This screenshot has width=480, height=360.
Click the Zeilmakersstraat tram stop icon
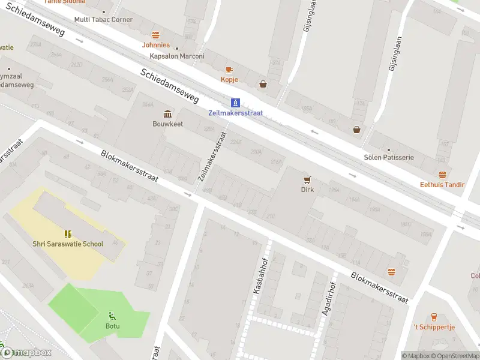[236, 103]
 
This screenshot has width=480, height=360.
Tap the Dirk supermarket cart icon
[307, 179]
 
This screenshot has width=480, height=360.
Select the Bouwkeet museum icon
[167, 114]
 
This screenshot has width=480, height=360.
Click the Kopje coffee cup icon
[229, 70]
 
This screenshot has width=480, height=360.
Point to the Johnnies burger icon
[155, 35]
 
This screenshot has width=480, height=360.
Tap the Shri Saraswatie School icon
[67, 234]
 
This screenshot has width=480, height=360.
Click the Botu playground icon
[112, 316]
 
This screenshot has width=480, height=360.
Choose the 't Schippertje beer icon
[434, 317]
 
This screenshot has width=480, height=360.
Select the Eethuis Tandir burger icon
[442, 175]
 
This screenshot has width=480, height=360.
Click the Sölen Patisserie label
[389, 157]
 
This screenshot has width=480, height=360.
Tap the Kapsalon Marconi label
[177, 56]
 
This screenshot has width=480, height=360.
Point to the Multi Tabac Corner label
[103, 20]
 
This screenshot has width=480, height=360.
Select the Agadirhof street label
[328, 300]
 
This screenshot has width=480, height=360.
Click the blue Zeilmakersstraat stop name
[236, 113]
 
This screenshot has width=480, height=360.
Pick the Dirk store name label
[307, 190]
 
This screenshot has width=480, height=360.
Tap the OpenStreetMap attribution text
[457, 356]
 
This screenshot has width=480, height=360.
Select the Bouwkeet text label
[167, 124]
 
